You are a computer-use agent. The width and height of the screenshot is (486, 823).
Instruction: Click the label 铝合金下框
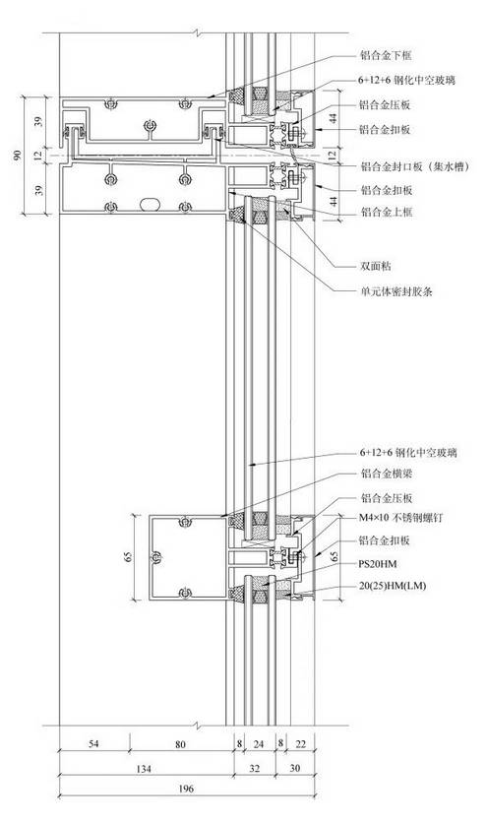(x=386, y=56)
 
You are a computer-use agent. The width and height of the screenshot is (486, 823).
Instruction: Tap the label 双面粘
(x=376, y=266)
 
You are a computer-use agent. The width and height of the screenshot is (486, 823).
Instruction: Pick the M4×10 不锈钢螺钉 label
(x=401, y=518)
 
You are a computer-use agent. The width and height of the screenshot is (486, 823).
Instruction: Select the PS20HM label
(x=378, y=564)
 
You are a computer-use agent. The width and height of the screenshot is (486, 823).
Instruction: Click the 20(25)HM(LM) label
(x=393, y=586)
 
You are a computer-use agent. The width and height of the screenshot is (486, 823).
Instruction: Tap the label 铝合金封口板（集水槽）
(x=414, y=167)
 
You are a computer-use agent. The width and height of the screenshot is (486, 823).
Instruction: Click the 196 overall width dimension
(x=186, y=789)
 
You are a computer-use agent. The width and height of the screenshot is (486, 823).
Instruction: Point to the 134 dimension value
(x=143, y=769)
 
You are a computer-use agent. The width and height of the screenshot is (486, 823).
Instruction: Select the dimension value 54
(x=93, y=743)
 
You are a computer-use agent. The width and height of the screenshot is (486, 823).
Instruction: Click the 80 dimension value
(x=180, y=743)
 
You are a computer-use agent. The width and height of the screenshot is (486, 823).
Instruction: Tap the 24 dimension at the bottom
(x=259, y=743)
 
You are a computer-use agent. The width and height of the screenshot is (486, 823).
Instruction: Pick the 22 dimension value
(x=300, y=743)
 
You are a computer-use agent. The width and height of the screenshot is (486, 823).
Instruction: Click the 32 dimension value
(x=254, y=769)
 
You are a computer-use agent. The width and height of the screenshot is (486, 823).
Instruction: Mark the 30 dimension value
(x=295, y=769)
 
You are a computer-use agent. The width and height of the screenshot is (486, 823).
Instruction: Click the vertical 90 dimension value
(x=18, y=156)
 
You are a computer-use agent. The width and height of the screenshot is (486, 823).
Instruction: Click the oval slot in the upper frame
(x=150, y=204)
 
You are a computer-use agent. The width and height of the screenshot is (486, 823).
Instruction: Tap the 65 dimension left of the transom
(x=127, y=557)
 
